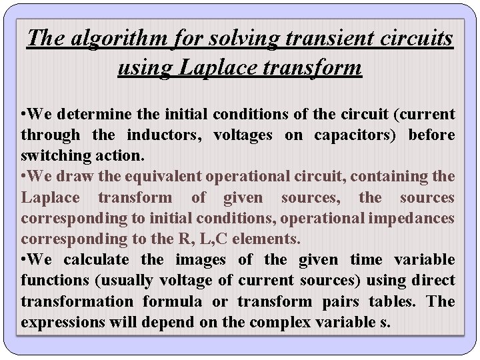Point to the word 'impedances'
(415, 218)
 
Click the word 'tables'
(387, 301)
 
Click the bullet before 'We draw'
(24, 177)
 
